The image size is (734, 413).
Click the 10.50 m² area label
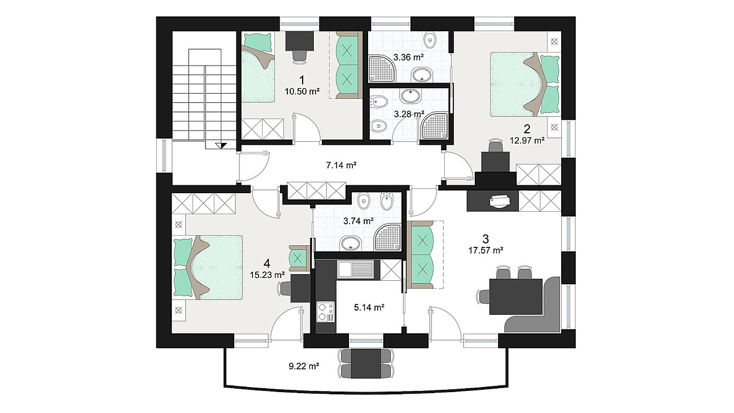coord(302,92)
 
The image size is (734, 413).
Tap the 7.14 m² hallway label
coord(341,165)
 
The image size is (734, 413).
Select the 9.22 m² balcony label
coord(304,366)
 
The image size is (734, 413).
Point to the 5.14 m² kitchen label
coord(369,307)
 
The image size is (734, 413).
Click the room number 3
coord(486,239)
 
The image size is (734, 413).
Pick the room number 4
coord(267,263)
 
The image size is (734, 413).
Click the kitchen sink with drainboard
coord(355,269)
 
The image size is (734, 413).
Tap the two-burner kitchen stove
coord(326,312)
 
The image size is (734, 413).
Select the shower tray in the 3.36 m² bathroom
coord(382,68)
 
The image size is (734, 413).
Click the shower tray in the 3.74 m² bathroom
coord(388,237)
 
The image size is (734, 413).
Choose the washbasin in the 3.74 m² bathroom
coord(351,243)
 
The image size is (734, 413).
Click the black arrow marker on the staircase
coord(221,146)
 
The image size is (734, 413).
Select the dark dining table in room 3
coord(515,297)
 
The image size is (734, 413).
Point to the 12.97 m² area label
coord(527,141)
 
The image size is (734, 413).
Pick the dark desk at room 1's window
coord(300,41)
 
